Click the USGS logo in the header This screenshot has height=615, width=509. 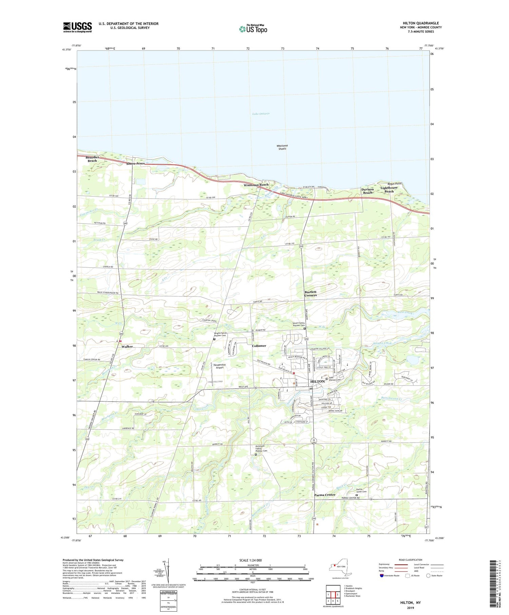[77, 27]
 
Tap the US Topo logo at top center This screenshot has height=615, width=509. [253, 29]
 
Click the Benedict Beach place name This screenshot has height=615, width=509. [92, 159]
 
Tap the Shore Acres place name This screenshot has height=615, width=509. [135, 164]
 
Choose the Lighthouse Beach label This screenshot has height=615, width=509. [389, 190]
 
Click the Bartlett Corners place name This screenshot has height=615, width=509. [310, 293]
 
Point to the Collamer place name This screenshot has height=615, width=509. [259, 346]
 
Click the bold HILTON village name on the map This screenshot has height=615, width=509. [318, 381]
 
